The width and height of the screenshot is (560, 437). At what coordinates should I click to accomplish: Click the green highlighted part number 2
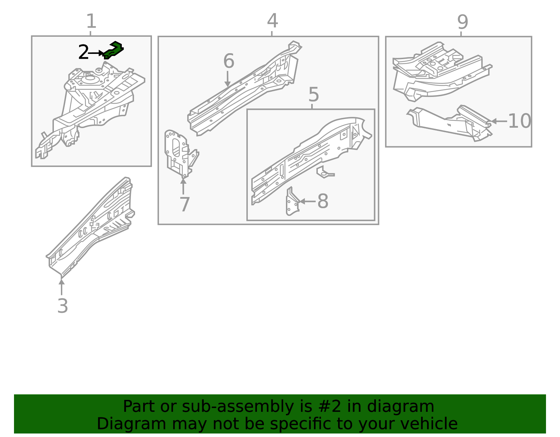(x=114, y=50)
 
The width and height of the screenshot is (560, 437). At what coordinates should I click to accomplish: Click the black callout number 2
(x=83, y=52)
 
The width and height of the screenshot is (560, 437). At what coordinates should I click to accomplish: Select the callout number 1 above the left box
(x=91, y=22)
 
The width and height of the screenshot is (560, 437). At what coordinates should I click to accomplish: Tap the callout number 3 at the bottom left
(x=62, y=306)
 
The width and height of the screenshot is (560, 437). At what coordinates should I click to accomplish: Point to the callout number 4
(x=272, y=21)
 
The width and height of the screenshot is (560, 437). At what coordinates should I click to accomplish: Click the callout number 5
(x=314, y=95)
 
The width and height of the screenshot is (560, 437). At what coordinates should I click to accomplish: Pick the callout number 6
(x=229, y=61)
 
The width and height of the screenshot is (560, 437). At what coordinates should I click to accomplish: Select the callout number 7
(x=184, y=204)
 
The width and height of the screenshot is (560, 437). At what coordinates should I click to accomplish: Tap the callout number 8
(x=322, y=202)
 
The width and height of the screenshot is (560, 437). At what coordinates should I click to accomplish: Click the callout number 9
(x=462, y=22)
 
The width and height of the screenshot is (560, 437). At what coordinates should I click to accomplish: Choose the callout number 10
(x=519, y=121)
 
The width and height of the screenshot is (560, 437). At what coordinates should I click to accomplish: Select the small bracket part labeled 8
(x=292, y=202)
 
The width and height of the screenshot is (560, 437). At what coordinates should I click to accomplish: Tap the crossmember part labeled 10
(x=451, y=122)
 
